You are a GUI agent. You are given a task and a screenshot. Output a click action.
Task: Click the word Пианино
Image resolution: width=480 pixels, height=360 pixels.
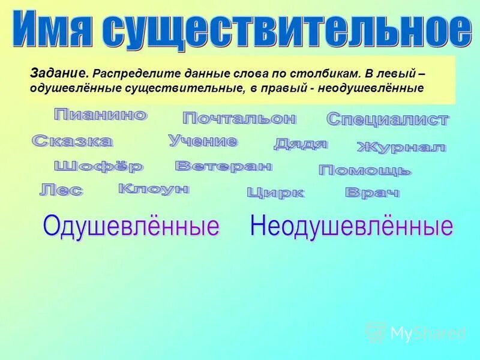click(x=100, y=115)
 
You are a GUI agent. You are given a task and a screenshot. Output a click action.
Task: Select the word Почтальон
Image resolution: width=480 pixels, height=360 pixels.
click(x=239, y=118)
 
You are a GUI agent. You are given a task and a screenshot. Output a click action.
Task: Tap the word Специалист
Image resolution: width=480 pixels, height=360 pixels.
click(x=388, y=119)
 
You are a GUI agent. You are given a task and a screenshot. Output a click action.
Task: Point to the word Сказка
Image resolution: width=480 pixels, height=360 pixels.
click(x=72, y=141)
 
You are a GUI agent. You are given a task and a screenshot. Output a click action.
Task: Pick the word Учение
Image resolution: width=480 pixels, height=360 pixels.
click(x=203, y=141)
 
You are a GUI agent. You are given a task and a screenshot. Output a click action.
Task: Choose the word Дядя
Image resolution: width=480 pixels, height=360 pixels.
click(x=301, y=143)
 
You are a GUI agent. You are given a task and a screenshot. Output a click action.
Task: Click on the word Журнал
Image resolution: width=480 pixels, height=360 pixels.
click(x=401, y=146)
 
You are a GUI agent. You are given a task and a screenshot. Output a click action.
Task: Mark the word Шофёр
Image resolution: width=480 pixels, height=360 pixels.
click(x=98, y=166)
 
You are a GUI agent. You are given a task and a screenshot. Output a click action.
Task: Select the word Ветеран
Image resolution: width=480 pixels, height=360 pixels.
click(x=223, y=166)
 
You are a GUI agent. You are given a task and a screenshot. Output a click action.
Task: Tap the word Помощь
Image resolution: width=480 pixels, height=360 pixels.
click(x=365, y=170)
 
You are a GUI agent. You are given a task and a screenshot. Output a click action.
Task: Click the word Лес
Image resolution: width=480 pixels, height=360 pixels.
click(x=61, y=190)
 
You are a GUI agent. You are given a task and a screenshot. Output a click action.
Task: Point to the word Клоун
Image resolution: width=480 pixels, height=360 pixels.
click(x=154, y=189)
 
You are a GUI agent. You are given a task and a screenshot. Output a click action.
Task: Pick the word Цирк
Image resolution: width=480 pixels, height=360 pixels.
click(x=275, y=193)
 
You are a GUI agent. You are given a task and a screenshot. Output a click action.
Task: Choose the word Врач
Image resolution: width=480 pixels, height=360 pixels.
click(x=372, y=193)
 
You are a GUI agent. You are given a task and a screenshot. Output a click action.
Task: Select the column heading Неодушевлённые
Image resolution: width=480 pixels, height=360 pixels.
click(x=351, y=226)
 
